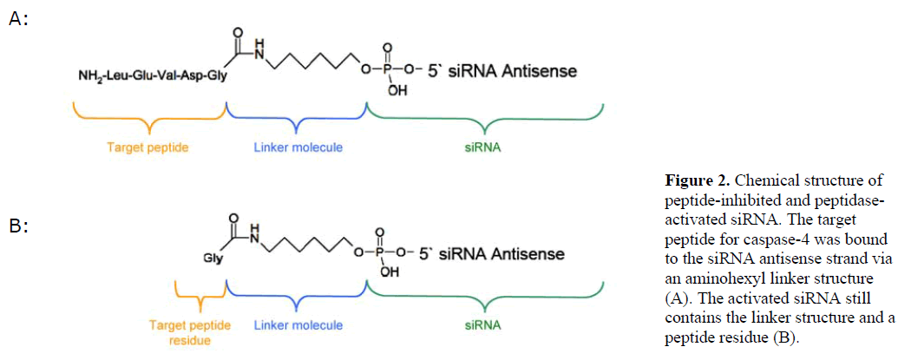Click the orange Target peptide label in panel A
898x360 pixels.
pyautogui.click(x=148, y=147)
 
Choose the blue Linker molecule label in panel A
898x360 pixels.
pyautogui.click(x=298, y=147)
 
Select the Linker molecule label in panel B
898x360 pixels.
pyautogui.click(x=298, y=325)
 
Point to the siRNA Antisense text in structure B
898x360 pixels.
pyautogui.click(x=503, y=254)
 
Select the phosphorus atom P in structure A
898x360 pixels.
pyautogui.click(x=398, y=69)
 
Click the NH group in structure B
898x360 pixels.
pyautogui.click(x=252, y=231)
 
